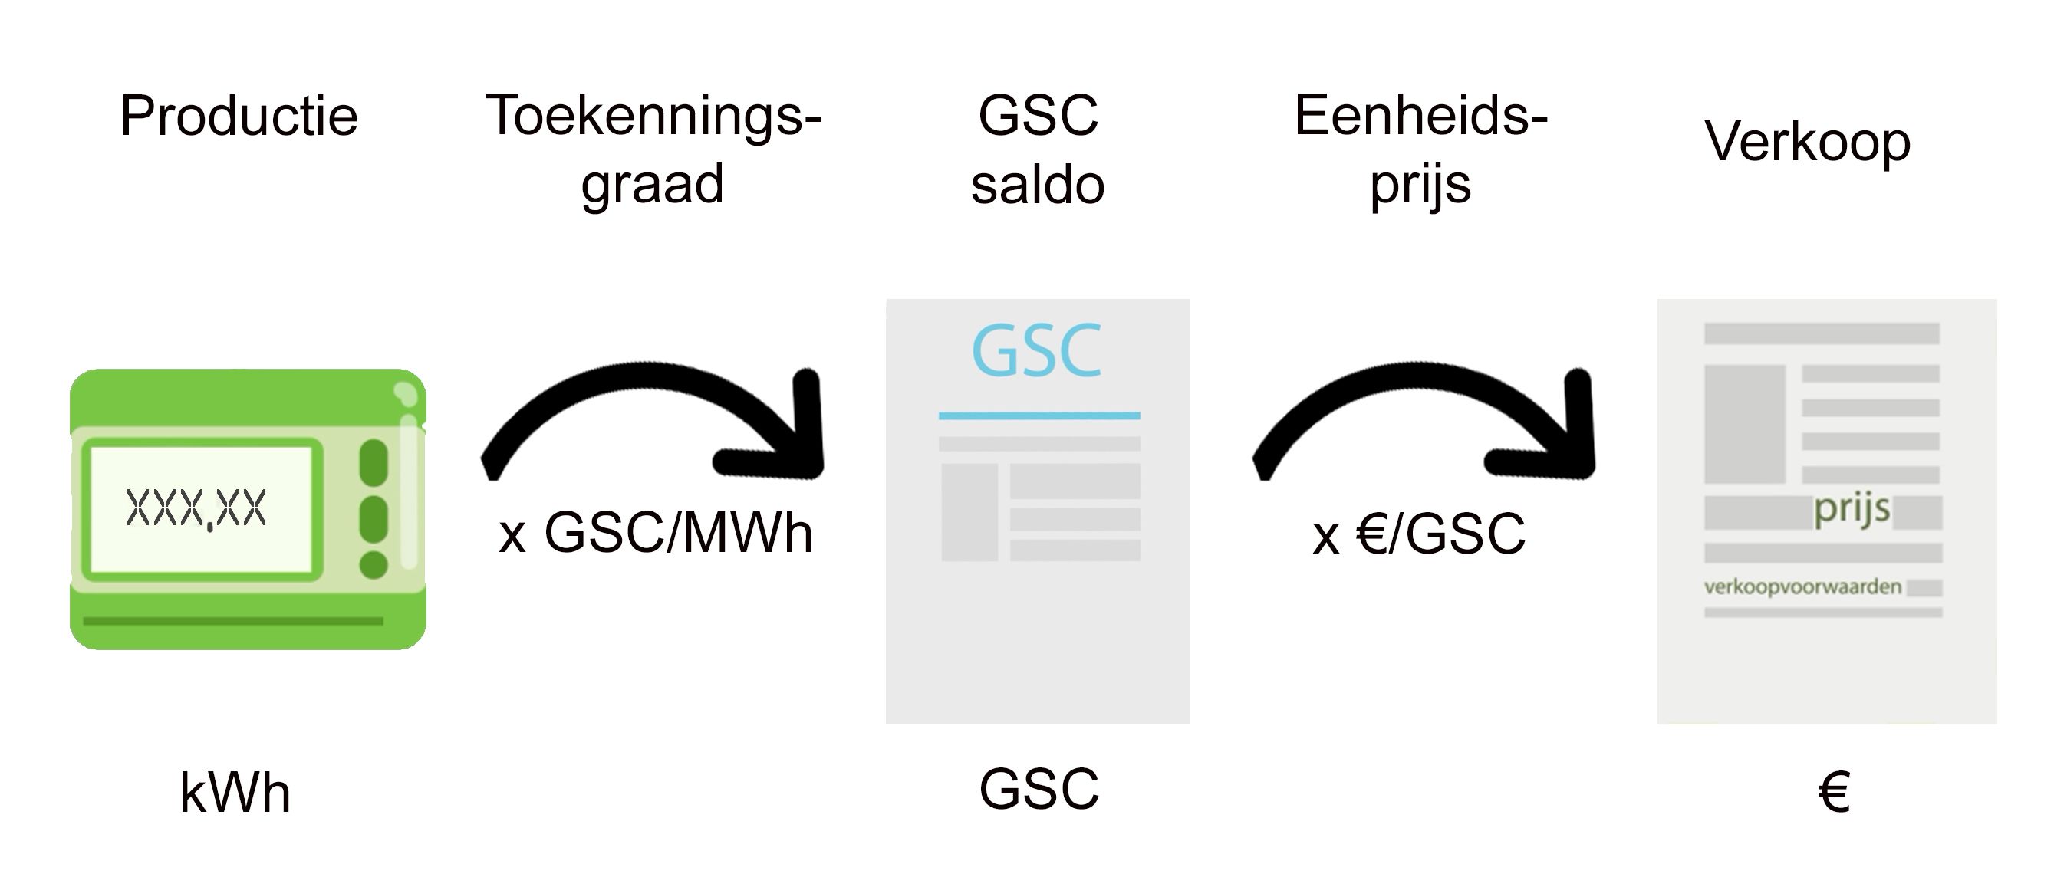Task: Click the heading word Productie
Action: (239, 117)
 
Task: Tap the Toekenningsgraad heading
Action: (653, 149)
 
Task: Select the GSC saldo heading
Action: (1038, 149)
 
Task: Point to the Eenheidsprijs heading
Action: (1420, 149)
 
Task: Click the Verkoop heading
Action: (1808, 142)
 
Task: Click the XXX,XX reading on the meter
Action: (196, 508)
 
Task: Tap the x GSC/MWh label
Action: (656, 533)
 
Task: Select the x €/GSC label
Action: (1418, 534)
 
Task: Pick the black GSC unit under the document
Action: (1039, 790)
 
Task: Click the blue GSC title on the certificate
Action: (1036, 350)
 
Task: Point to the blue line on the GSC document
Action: (1039, 416)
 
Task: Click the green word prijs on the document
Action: (1852, 508)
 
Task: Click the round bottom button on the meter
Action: (374, 565)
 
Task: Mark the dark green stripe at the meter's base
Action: (233, 621)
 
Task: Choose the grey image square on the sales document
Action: (1745, 424)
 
